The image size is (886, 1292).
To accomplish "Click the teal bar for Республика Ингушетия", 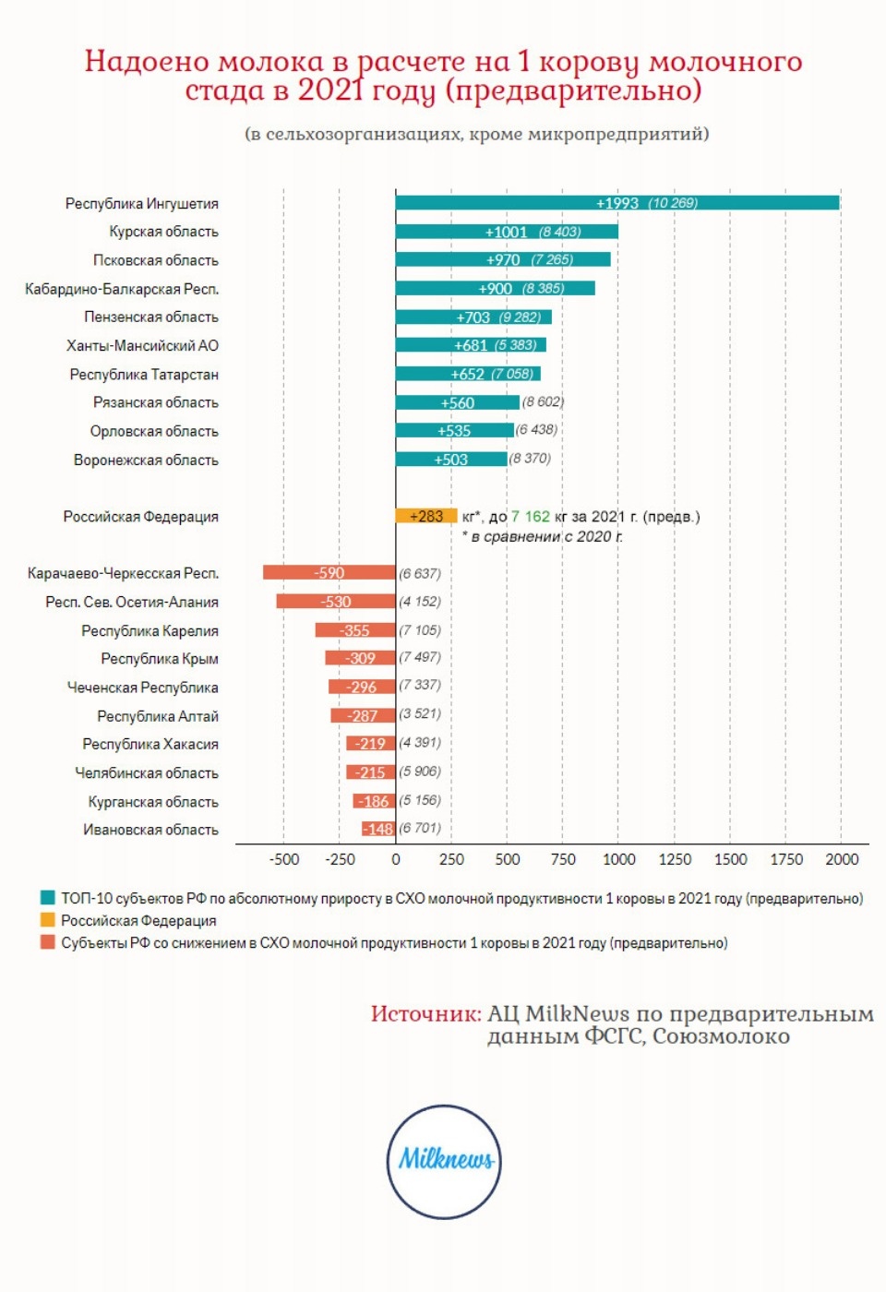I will click(617, 203).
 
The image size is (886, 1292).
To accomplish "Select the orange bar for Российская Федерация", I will click(426, 516).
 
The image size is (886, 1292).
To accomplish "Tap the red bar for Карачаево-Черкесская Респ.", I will click(329, 573).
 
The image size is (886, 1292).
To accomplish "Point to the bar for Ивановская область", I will click(378, 829).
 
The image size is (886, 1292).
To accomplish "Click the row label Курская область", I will click(163, 232).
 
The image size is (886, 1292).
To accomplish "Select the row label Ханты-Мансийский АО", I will click(142, 346).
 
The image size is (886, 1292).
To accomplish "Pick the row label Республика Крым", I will click(160, 659).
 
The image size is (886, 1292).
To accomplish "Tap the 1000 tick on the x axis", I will click(618, 859).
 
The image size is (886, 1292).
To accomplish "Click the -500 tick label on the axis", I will click(284, 859).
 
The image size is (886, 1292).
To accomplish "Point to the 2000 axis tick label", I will click(841, 859).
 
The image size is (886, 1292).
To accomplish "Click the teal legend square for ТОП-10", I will click(48, 898).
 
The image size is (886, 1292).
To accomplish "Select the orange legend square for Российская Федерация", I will click(48, 920).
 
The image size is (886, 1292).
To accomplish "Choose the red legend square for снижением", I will click(48, 942).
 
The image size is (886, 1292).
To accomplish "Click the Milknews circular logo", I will click(444, 1161).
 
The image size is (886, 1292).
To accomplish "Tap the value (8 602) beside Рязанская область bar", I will click(543, 402).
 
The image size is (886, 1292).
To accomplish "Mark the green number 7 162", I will click(531, 517).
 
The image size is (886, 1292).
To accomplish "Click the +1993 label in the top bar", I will click(617, 203).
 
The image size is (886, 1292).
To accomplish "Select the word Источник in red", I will click(425, 1013).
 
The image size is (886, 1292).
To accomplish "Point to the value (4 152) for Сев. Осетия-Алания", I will click(420, 602).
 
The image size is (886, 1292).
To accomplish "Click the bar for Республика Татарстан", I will click(468, 374).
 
